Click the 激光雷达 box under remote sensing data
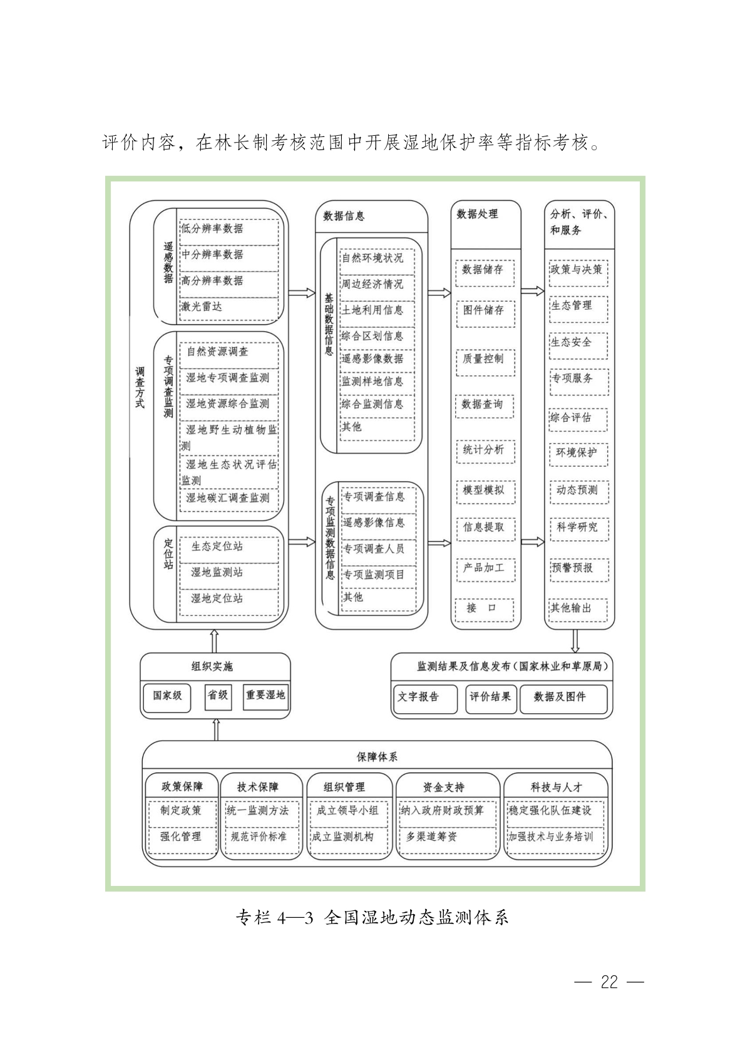(x=229, y=307)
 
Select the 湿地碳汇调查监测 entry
(x=229, y=499)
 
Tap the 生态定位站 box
(x=229, y=547)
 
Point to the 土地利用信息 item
(x=377, y=311)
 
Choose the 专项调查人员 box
(x=378, y=549)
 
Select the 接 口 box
(x=485, y=609)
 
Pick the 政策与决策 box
(x=578, y=273)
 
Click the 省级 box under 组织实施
(x=218, y=697)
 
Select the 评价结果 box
(x=491, y=699)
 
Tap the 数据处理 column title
(x=478, y=215)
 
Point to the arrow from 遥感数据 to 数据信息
(x=302, y=293)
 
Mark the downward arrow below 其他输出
(x=575, y=641)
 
